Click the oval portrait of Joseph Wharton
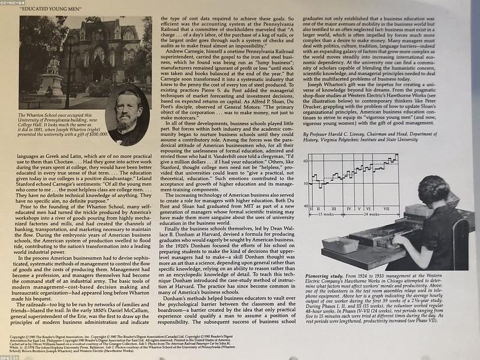click(127, 116)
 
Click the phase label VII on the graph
click(386, 209)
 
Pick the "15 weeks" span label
click(326, 215)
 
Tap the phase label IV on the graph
click(349, 209)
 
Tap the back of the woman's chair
click(460, 243)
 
